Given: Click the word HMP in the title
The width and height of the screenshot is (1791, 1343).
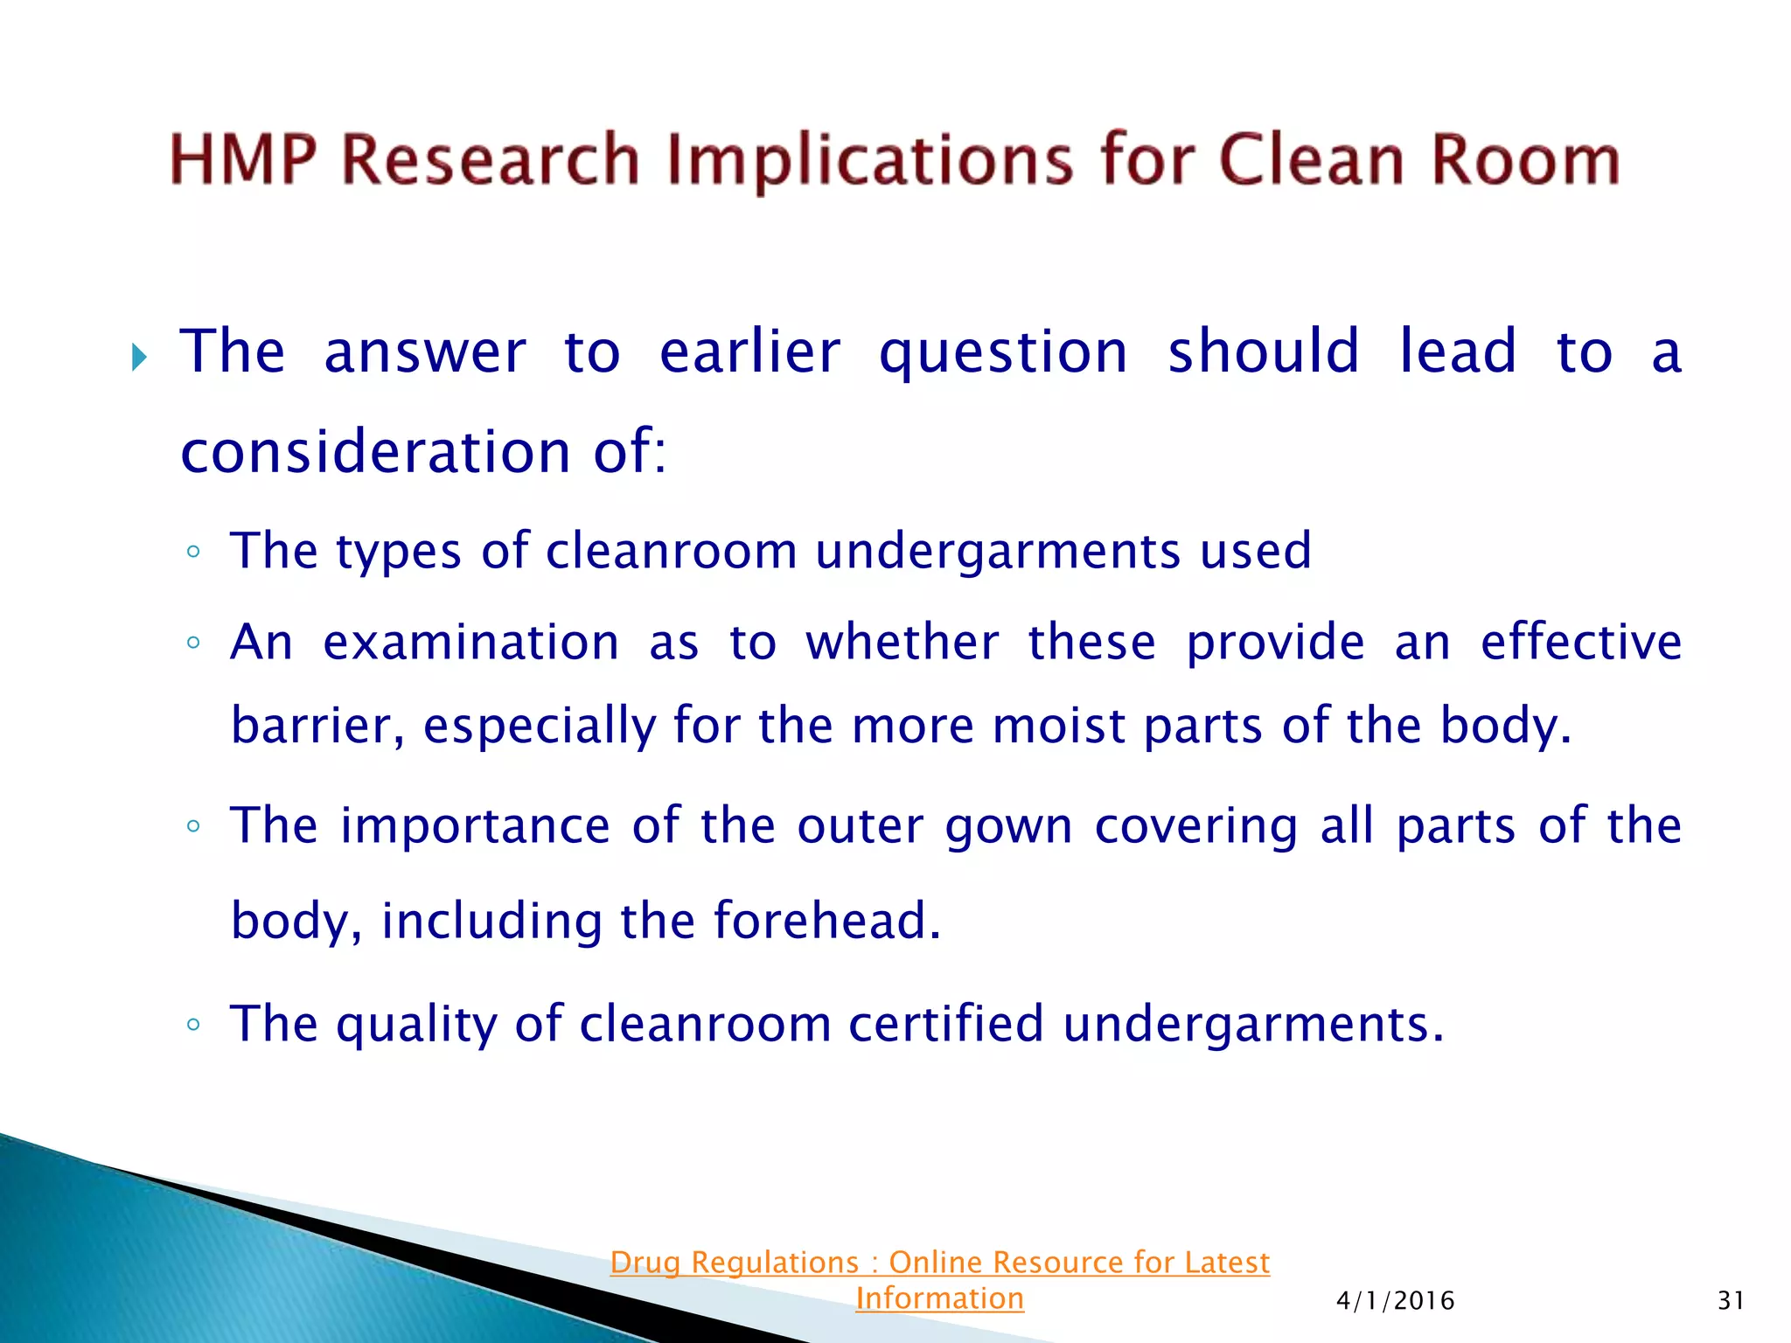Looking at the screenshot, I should (x=243, y=160).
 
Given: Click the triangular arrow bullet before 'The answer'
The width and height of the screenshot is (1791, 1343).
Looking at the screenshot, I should (x=139, y=357).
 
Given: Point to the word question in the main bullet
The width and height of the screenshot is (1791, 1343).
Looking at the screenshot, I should (x=1003, y=352).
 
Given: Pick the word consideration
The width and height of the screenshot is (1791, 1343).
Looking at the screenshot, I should (x=375, y=452).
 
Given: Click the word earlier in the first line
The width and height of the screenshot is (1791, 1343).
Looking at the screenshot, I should (x=749, y=352).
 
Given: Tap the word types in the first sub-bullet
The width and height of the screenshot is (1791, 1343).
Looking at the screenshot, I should (x=398, y=552).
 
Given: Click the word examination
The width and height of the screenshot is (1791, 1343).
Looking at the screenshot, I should (x=471, y=642).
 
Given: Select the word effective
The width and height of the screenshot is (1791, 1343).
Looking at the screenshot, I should (x=1580, y=642).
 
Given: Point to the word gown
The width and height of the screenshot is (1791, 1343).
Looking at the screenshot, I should (x=1008, y=826).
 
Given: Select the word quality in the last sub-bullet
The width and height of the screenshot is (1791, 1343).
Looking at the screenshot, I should (x=416, y=1025).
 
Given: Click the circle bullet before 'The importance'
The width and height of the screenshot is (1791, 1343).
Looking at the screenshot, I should (x=193, y=826).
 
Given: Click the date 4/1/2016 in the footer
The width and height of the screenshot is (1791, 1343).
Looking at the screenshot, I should (x=1395, y=1301).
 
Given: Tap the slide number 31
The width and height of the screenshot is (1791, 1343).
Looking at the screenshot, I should (x=1731, y=1301).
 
